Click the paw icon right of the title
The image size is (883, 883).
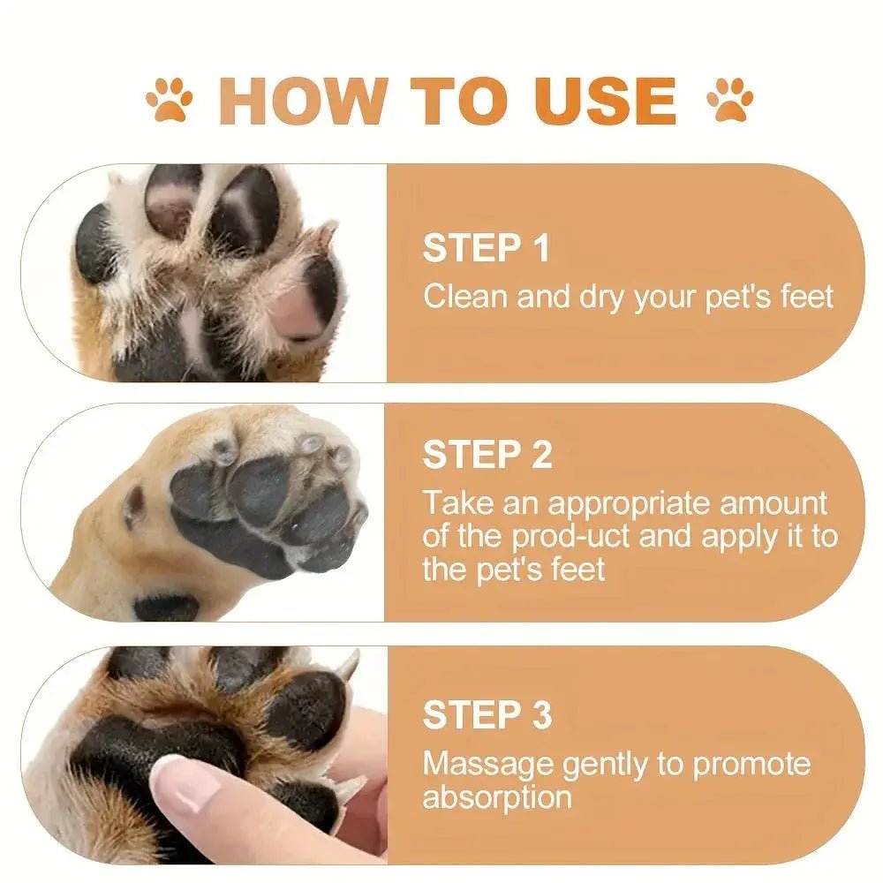point(730,100)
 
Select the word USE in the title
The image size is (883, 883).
point(605,100)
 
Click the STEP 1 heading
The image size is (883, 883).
point(486,248)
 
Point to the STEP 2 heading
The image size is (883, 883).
point(487,455)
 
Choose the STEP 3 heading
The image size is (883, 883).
point(487,714)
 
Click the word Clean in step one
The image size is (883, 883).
point(465,297)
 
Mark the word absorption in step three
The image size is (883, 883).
point(496,797)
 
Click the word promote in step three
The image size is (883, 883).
point(751,764)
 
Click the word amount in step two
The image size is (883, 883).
point(774,503)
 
